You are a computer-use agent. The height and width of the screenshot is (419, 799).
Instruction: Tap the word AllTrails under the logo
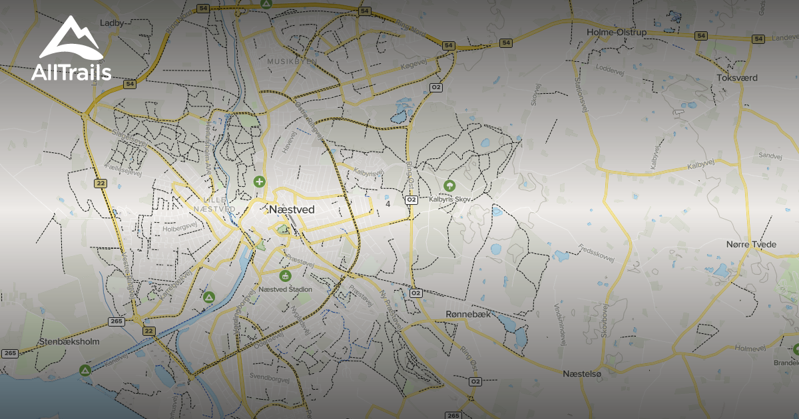point(71,72)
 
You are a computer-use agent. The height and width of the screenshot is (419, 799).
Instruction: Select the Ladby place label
point(112,23)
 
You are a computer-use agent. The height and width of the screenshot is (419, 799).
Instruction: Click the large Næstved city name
point(292,209)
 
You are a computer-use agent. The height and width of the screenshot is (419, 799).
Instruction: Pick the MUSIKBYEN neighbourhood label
point(292,61)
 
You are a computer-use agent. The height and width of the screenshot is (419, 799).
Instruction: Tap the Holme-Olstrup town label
point(617,32)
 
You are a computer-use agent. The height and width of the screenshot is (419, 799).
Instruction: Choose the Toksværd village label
point(737,78)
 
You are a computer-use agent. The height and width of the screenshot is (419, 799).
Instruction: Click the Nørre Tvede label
point(751,245)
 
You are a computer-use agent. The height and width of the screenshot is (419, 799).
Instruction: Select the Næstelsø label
point(581,374)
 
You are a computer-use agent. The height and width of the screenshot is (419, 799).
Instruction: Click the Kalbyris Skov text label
point(449,198)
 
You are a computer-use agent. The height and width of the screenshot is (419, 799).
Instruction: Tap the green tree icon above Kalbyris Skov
point(449,185)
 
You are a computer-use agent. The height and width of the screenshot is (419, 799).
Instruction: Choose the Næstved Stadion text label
point(285,289)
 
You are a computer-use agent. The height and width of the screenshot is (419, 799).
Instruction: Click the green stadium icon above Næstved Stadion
point(285,276)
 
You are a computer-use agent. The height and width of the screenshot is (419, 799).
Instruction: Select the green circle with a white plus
point(260,181)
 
